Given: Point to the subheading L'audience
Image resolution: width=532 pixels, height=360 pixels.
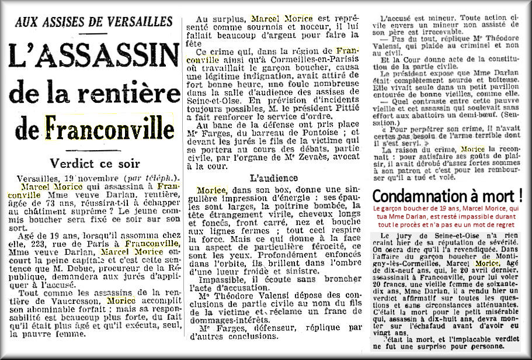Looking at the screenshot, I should coord(274,177).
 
